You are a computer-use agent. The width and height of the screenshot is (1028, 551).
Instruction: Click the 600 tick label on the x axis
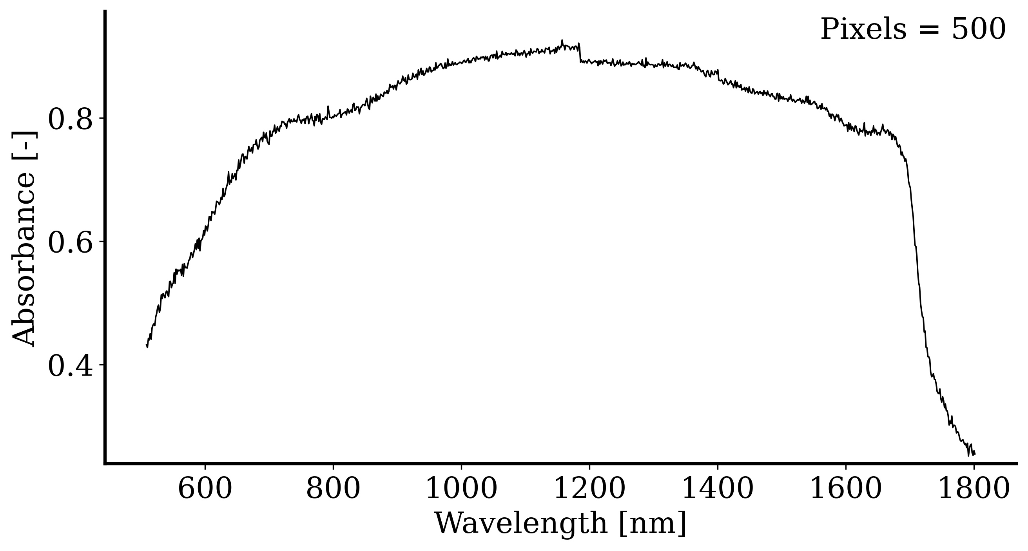coord(205,489)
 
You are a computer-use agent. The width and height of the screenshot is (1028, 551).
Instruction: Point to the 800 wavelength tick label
coord(333,489)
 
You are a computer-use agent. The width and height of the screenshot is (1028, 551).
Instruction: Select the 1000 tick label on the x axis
coord(461,489)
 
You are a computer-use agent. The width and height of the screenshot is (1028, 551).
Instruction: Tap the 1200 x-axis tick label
coord(589,489)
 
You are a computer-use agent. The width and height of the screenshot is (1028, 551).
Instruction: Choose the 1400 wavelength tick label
coord(718,489)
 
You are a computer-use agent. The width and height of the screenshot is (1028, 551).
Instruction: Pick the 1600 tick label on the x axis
coord(846,489)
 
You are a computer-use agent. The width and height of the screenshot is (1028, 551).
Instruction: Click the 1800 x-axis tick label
coord(974,489)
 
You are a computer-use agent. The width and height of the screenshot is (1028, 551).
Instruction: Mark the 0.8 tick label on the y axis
coord(70,118)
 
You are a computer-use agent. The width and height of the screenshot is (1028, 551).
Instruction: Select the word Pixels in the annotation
coord(863,29)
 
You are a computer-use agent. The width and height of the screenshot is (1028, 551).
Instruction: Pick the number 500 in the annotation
coord(979,29)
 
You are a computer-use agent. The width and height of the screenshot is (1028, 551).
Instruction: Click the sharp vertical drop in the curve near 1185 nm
coord(580,53)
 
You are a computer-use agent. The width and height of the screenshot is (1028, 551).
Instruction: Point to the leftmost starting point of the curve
coord(147,345)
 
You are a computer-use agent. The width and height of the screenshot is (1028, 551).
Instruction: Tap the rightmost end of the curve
coord(975,454)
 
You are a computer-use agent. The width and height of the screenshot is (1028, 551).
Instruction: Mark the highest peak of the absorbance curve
coord(562,40)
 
